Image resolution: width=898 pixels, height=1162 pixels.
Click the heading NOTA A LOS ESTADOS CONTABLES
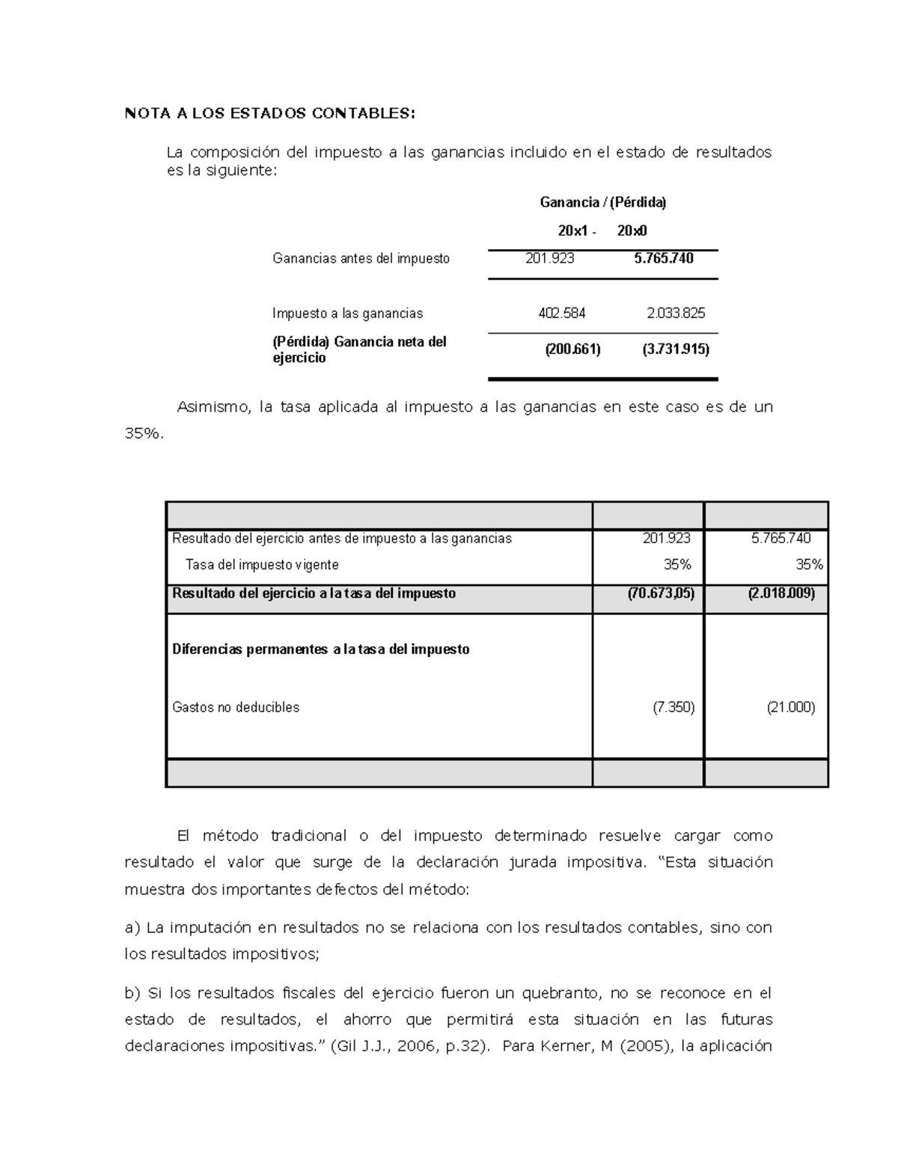(269, 114)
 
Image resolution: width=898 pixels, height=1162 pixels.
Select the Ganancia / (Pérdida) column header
(602, 202)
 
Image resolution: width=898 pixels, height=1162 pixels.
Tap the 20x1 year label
(573, 231)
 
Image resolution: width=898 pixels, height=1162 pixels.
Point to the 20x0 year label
(632, 231)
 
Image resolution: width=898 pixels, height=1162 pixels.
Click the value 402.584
(561, 314)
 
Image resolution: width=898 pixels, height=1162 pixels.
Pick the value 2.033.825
(675, 314)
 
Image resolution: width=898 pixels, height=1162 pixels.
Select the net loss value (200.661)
(572, 349)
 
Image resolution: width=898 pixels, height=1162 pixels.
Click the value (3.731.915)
(675, 349)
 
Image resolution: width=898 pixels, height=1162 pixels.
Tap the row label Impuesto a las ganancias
(347, 314)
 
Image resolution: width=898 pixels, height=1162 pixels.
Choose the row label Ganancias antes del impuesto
(361, 259)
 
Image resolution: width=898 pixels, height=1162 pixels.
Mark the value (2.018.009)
(781, 593)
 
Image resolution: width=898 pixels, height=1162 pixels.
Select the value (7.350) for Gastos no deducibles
(673, 707)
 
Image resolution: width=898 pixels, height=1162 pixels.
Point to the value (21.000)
(790, 707)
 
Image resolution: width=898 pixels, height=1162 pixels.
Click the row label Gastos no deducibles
(236, 707)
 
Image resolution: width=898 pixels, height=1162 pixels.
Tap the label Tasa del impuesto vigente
(262, 565)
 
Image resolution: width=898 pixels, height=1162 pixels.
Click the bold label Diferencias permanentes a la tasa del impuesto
(320, 649)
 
